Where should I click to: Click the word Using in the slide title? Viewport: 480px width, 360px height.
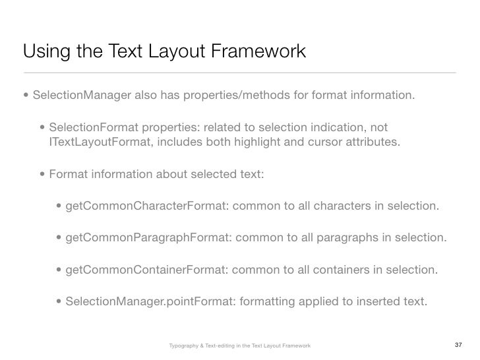pyautogui.click(x=43, y=51)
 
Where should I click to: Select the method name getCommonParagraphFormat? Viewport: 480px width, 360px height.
pyautogui.click(x=146, y=238)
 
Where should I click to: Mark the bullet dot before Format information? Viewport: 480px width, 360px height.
pyautogui.click(x=43, y=175)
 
